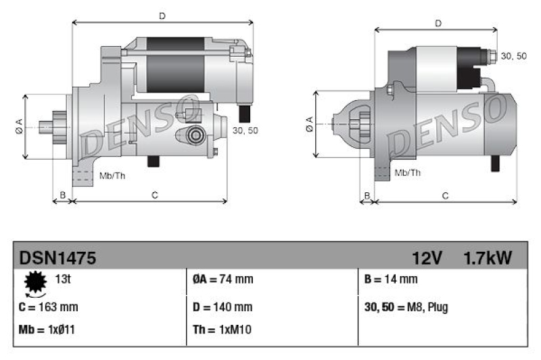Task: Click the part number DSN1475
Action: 57,257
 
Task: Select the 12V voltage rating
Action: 427,257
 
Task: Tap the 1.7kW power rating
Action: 487,257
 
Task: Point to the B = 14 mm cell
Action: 391,279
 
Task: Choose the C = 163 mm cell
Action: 49,307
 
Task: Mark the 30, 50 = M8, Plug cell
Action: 406,307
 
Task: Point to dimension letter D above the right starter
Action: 438,24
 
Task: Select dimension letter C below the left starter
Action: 154,196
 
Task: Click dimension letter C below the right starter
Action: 445,196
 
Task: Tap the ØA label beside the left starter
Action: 19,127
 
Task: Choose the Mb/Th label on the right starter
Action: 407,173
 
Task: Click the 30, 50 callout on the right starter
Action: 513,56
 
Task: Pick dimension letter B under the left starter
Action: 62,196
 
